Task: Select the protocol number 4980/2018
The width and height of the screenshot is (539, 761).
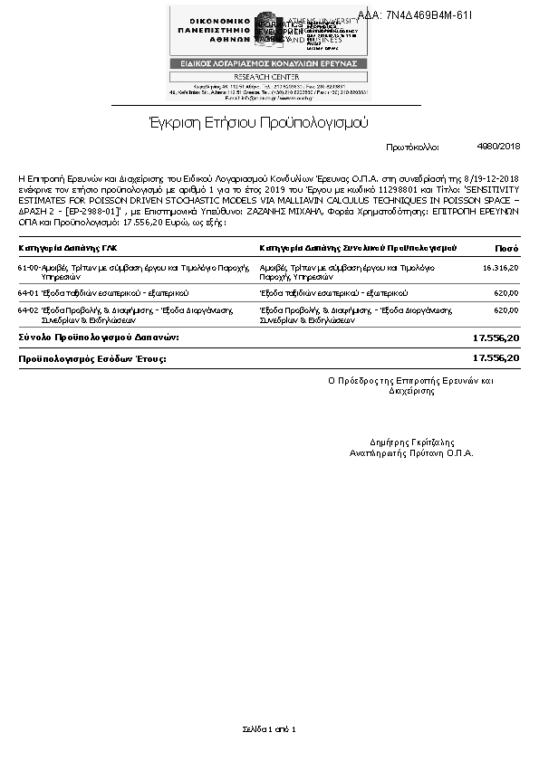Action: click(498, 146)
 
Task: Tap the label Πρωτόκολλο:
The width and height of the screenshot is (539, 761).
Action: click(412, 147)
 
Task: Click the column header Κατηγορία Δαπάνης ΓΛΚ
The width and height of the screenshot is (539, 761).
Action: click(68, 247)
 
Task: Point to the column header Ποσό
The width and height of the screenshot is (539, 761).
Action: click(506, 247)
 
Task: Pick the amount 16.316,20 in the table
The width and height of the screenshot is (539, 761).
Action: click(501, 268)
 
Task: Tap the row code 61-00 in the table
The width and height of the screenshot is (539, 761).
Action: click(27, 268)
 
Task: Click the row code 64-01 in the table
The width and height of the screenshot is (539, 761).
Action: click(27, 294)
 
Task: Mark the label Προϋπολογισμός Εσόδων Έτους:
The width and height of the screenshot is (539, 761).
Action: click(93, 358)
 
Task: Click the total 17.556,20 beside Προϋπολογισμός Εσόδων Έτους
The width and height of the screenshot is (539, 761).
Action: click(496, 358)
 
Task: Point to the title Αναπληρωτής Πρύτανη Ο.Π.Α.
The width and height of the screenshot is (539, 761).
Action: click(411, 452)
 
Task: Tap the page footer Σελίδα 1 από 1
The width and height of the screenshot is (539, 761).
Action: click(269, 728)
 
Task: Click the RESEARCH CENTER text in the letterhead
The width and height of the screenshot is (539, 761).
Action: click(268, 76)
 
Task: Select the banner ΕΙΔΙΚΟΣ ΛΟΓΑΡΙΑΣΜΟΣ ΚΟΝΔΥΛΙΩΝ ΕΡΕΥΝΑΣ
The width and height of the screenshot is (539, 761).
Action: click(268, 63)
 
